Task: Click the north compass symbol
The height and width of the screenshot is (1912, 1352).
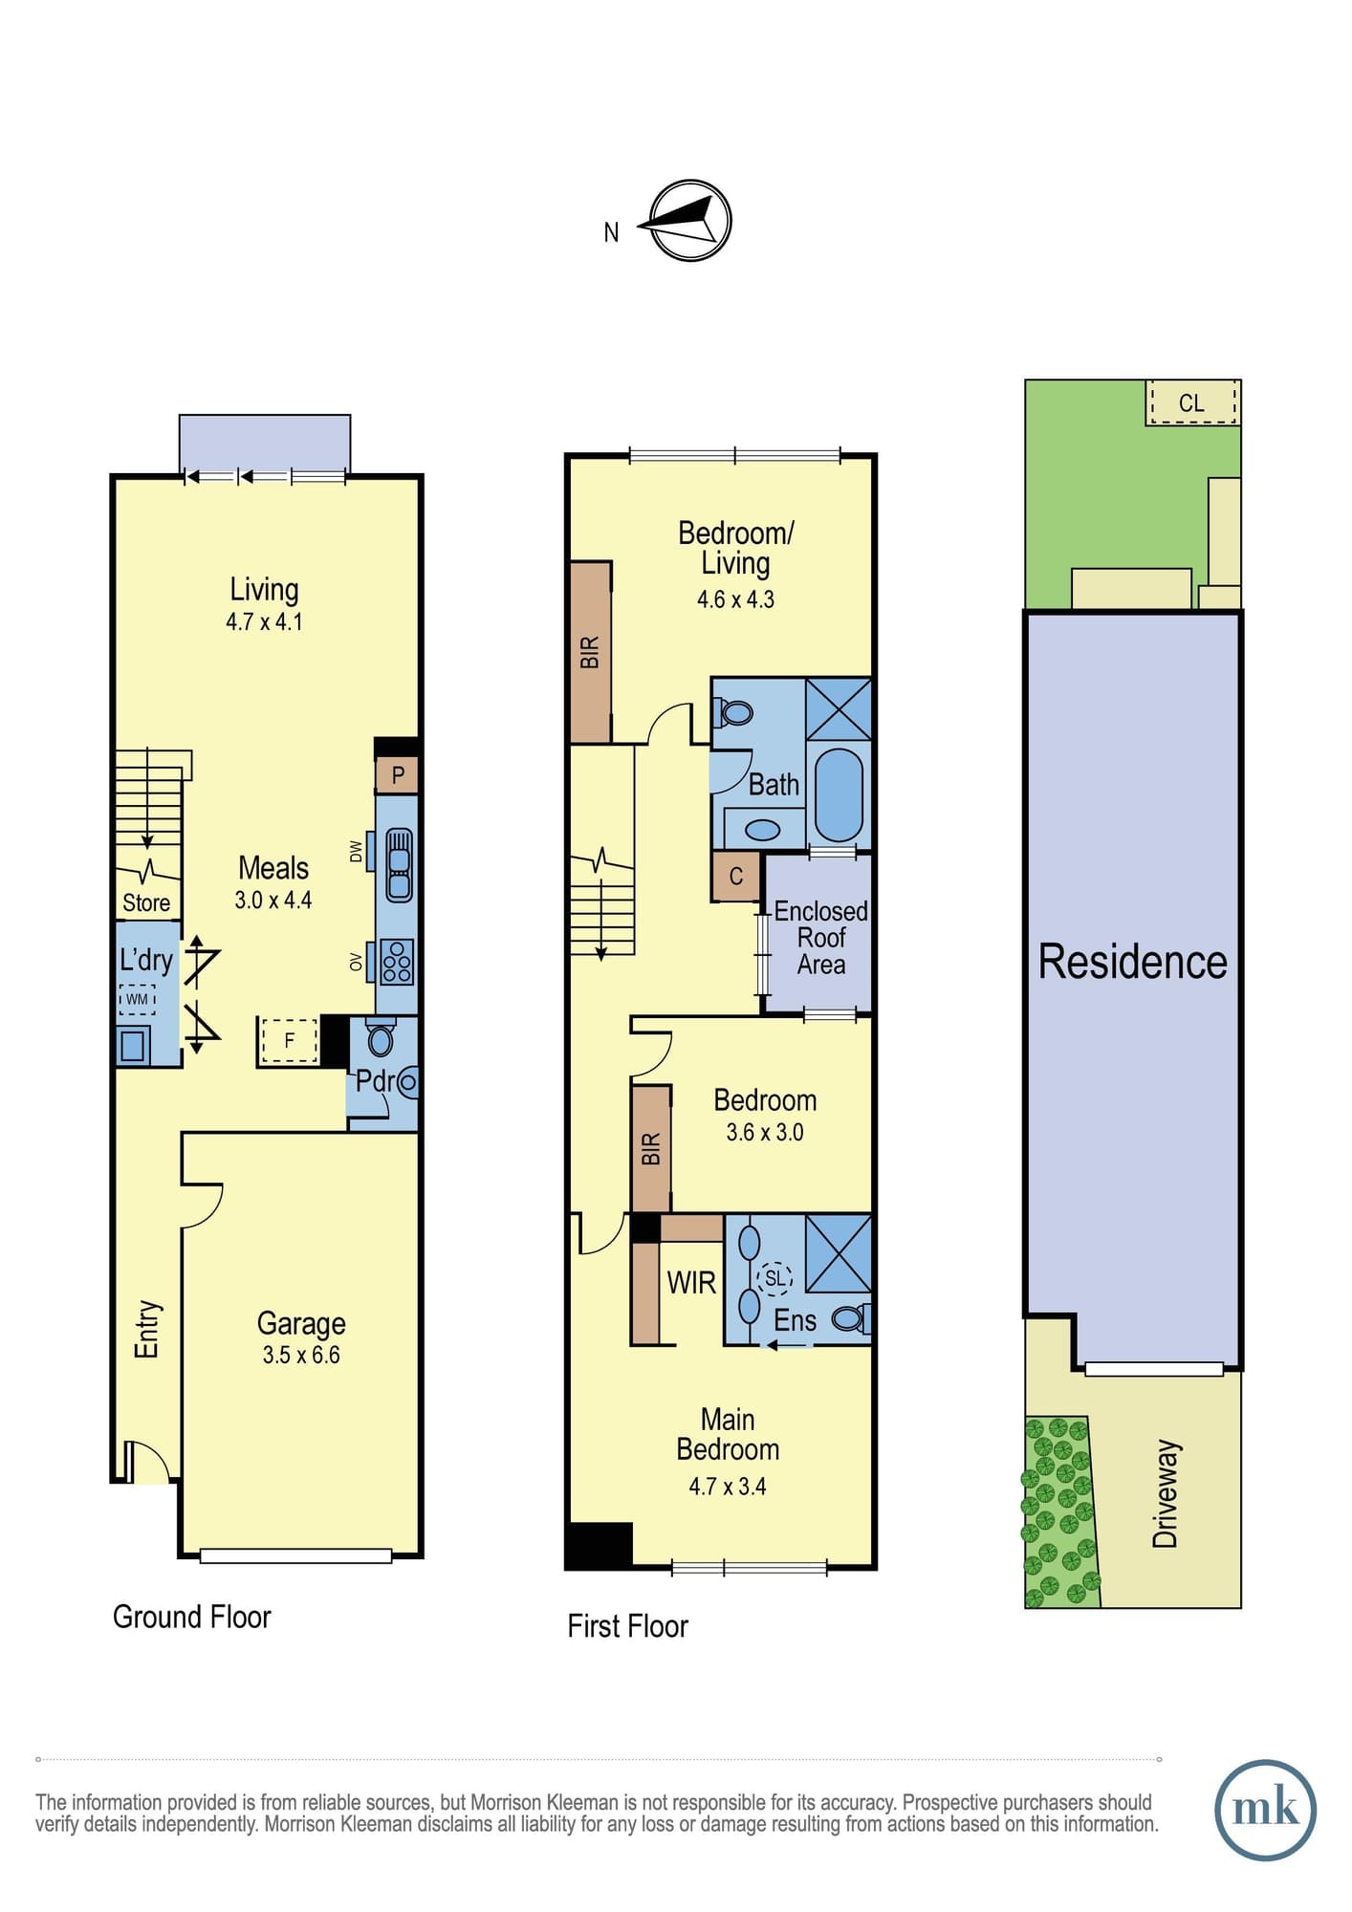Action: point(690,221)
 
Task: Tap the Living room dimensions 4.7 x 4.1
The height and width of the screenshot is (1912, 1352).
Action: point(264,622)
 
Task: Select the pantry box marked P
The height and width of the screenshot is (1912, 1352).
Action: point(397,774)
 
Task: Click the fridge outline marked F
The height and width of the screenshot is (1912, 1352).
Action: point(289,1040)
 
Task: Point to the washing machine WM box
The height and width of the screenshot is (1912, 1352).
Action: point(137,1000)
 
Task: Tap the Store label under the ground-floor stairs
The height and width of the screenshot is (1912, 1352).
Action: point(146,903)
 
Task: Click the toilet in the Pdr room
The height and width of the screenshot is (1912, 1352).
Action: point(381,1038)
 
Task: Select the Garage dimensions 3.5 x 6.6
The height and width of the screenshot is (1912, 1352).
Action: point(301,1355)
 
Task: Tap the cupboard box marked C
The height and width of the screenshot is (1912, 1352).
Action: point(735,877)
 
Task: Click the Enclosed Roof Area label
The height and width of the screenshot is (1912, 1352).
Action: point(820,938)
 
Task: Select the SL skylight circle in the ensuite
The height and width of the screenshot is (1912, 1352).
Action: point(774,1277)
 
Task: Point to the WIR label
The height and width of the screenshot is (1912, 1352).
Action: point(691,1283)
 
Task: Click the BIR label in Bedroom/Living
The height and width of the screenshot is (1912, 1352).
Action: point(590,652)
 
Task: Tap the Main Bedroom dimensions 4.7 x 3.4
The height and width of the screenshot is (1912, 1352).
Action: point(728,1487)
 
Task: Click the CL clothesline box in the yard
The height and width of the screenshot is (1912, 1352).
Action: point(1192,402)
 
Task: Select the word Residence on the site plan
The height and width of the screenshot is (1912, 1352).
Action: point(1133,962)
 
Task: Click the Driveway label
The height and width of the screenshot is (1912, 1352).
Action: point(1166,1494)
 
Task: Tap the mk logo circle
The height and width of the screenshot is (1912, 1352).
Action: point(1265,1810)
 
